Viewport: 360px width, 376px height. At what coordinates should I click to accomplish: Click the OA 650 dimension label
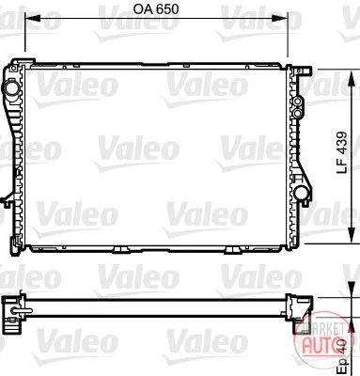[x=156, y=9]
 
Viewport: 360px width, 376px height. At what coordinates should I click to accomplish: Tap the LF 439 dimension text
[x=342, y=153]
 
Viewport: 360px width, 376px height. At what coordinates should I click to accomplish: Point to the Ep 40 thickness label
[x=342, y=358]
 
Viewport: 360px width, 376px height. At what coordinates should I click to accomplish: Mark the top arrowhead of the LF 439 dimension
[x=352, y=78]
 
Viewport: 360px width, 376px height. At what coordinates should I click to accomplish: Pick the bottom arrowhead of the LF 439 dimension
[x=352, y=235]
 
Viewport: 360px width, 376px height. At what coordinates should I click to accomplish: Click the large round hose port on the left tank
[x=11, y=88]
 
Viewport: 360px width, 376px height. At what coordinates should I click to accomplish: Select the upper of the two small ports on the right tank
[x=298, y=102]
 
